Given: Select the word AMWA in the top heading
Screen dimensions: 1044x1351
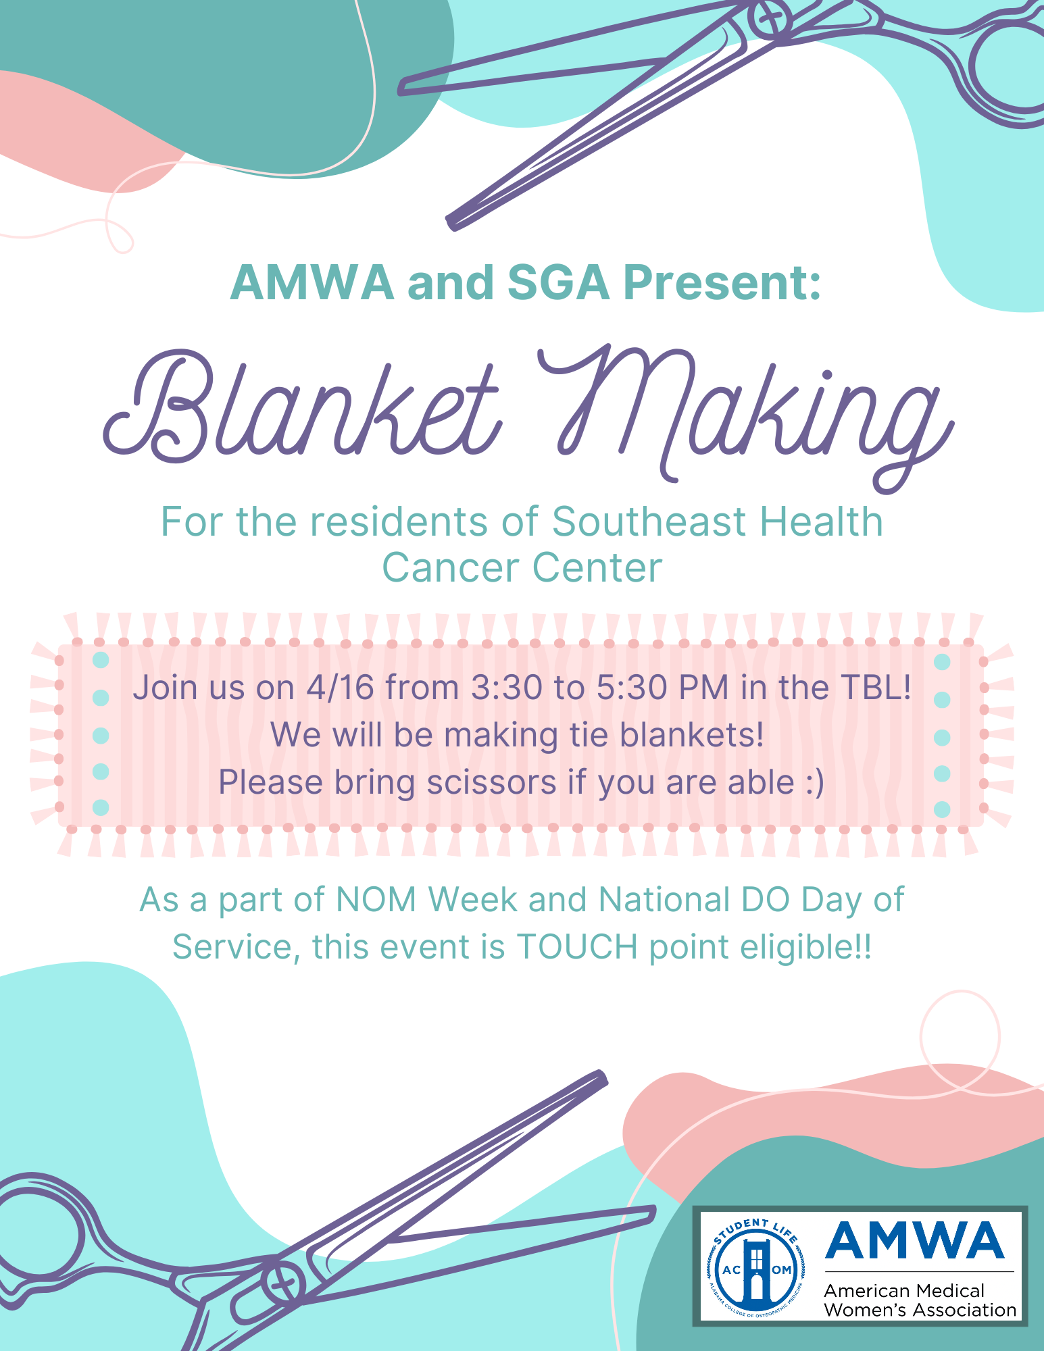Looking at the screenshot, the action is (x=312, y=282).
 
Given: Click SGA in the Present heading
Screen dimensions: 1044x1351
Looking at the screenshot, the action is (x=557, y=282).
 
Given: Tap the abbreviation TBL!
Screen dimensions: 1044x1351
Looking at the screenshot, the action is (x=876, y=688).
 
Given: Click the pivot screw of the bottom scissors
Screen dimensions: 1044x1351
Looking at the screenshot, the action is (x=283, y=1282).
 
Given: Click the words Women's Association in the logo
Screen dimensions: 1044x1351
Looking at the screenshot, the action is (x=920, y=1310).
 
